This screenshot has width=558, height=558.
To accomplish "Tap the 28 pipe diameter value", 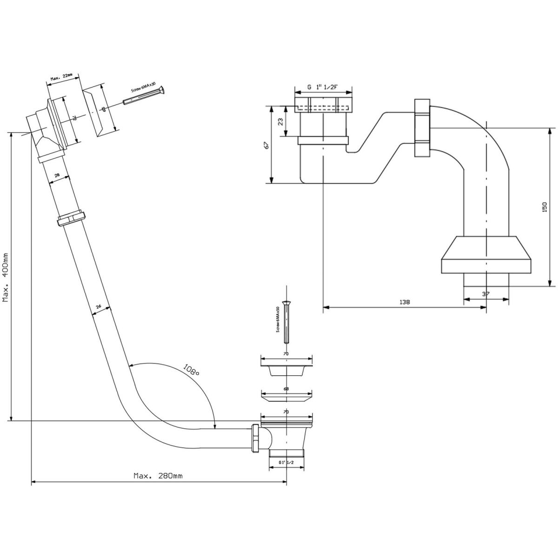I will pyautogui.click(x=57, y=175).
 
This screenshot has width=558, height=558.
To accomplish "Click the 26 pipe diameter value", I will pyautogui.click(x=99, y=307).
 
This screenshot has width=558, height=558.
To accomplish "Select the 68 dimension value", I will pyautogui.click(x=286, y=389).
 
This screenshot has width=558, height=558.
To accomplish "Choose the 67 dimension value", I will pyautogui.click(x=266, y=145).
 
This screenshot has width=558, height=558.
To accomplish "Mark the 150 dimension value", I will pyautogui.click(x=545, y=207).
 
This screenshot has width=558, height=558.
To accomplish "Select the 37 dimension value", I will pyautogui.click(x=486, y=294).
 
